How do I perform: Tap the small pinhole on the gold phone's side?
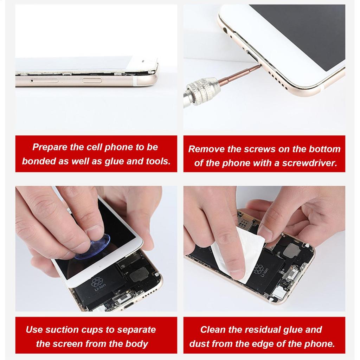32,81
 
